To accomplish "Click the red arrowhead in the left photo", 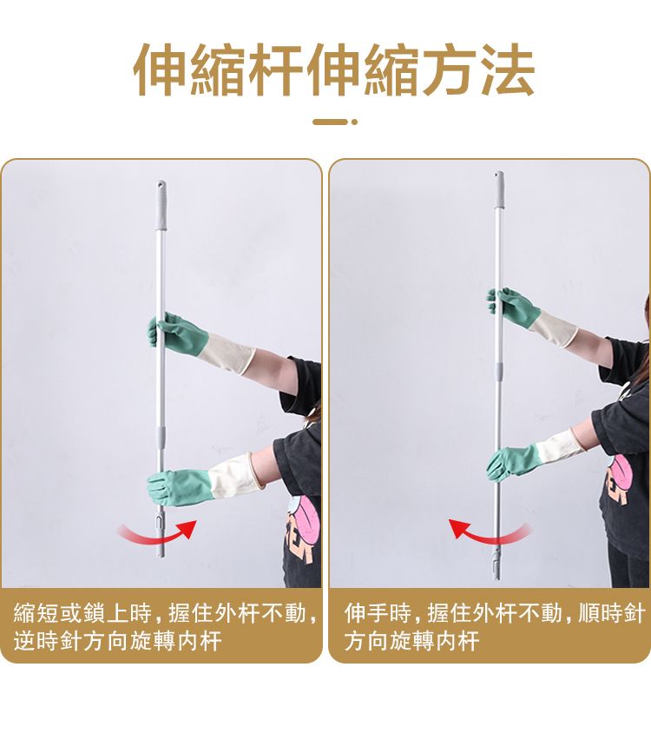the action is [x=189, y=527].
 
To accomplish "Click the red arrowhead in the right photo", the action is [x=458, y=527].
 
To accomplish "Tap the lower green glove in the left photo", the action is [x=179, y=487].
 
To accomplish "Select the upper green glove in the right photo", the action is [x=513, y=307].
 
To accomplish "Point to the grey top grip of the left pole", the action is [x=161, y=205].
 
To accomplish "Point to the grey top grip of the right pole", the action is [x=500, y=189].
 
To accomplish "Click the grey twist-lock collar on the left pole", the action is [x=161, y=436].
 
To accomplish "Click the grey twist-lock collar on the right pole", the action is [x=500, y=372].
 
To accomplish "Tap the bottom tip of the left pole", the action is [x=161, y=558].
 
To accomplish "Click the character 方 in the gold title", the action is [x=450, y=70].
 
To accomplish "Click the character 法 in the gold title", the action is [x=508, y=70].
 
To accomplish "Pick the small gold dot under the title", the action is [x=354, y=122].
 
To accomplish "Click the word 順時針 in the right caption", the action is [x=612, y=612].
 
